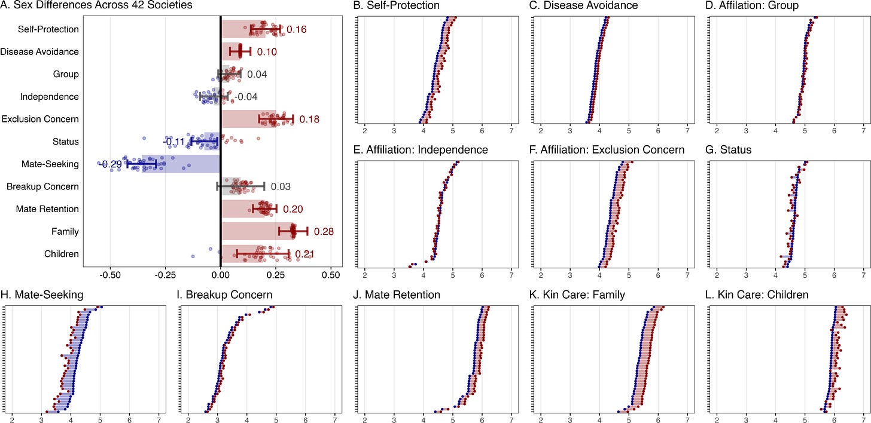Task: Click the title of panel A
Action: (95, 5)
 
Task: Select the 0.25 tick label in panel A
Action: (275, 277)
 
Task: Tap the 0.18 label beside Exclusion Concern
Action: (309, 119)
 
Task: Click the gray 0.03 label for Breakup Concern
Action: (281, 187)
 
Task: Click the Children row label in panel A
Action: (62, 254)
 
